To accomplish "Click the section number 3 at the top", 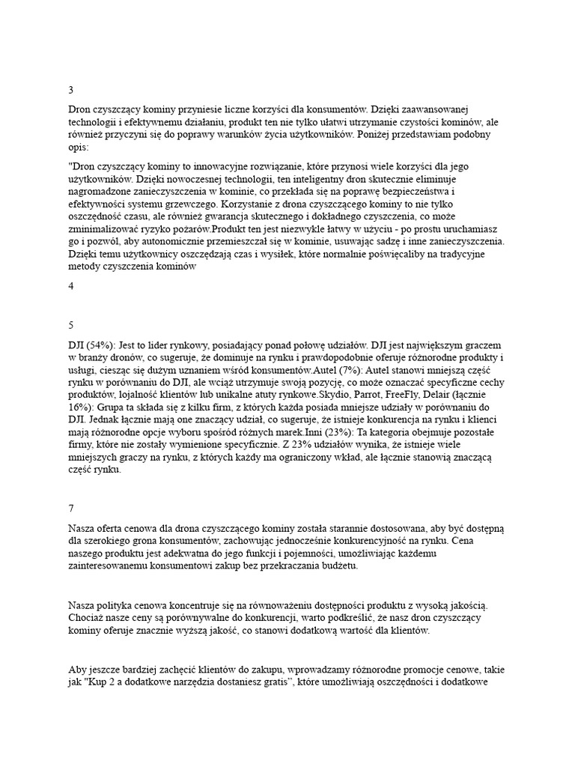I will [x=70, y=90].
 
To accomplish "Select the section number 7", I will [x=70, y=508].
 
